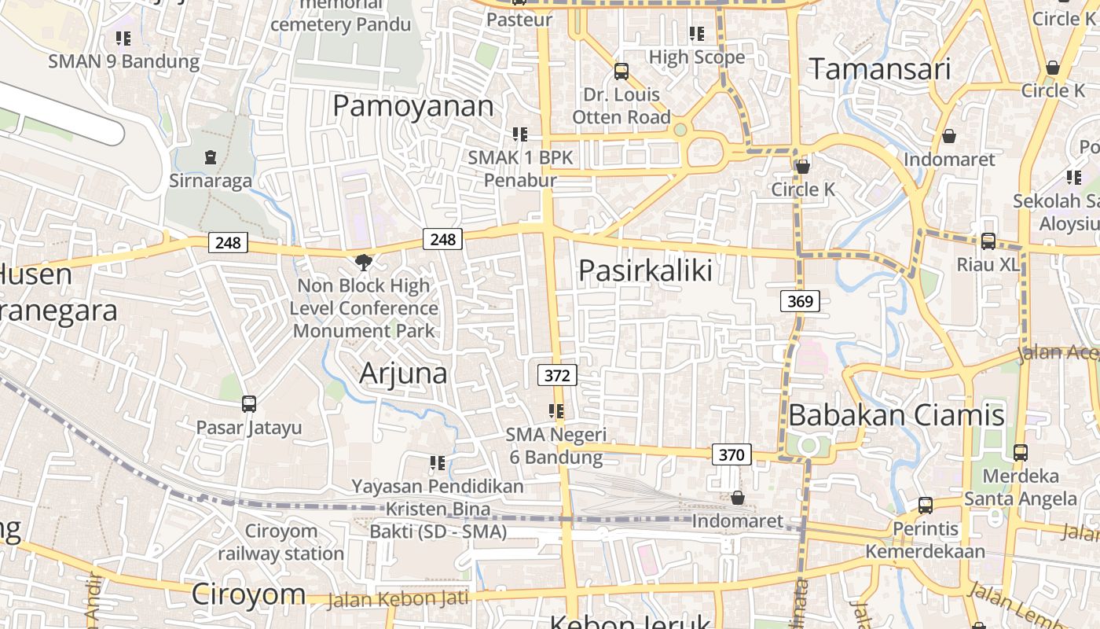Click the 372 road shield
click(x=557, y=375)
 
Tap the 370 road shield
click(x=731, y=454)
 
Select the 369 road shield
click(x=801, y=300)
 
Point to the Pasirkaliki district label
click(x=645, y=270)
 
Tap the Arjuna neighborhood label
click(x=403, y=373)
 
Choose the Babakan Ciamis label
click(x=896, y=414)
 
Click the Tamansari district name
click(x=879, y=69)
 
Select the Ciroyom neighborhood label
click(x=248, y=594)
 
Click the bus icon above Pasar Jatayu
click(x=249, y=404)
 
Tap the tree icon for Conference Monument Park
click(x=364, y=262)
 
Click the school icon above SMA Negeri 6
click(x=556, y=410)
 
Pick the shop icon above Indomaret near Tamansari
click(x=949, y=136)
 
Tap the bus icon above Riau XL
click(x=988, y=241)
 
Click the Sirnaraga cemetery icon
click(x=211, y=157)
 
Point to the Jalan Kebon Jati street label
click(x=397, y=599)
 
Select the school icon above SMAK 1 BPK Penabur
click(x=520, y=134)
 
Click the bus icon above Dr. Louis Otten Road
click(x=621, y=72)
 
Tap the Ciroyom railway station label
click(x=280, y=542)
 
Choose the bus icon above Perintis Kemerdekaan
click(x=926, y=505)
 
